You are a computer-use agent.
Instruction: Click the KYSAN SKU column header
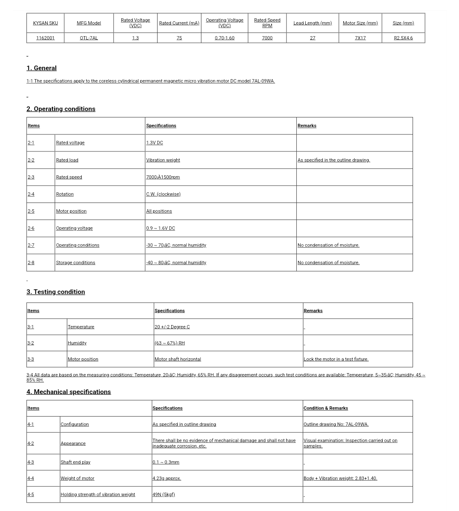45,23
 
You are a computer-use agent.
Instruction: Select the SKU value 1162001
45,38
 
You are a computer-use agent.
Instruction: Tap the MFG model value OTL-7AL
89,38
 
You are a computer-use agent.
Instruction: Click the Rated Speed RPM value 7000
267,38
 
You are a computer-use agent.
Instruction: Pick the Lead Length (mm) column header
313,23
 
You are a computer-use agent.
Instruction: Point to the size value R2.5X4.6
403,38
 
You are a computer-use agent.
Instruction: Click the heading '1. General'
41,68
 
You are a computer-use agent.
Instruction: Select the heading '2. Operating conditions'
61,109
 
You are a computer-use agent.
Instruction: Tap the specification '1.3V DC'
155,143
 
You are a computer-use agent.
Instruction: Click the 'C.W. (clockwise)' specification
164,194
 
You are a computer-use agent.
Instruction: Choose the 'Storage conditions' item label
75,263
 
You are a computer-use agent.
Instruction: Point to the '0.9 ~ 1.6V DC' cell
161,228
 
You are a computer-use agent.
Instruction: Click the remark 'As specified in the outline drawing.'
334,160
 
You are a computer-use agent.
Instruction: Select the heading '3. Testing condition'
56,292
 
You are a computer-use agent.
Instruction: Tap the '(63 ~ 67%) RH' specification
169,343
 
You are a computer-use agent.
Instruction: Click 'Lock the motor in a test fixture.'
336,359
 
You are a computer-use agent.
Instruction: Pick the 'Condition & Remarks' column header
326,408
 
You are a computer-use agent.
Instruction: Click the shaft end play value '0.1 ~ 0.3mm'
166,462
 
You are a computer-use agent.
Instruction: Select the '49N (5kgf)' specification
164,494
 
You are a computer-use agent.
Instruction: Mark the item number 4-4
31,478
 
